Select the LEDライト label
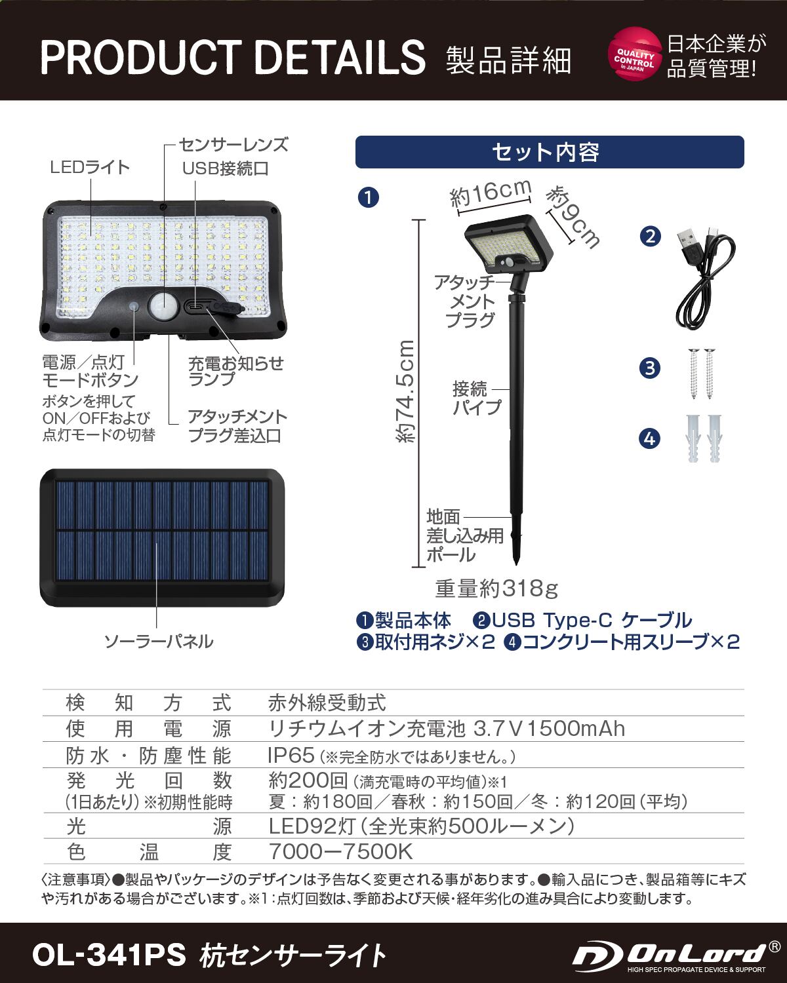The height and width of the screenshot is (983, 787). [91, 167]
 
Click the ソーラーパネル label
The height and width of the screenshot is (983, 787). [159, 641]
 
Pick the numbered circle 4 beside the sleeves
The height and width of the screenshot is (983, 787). [649, 438]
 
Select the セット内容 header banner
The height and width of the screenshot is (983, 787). [550, 152]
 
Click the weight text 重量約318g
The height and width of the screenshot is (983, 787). [496, 588]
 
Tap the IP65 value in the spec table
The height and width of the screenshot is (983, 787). [291, 755]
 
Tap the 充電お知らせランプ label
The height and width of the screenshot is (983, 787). [235, 371]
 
